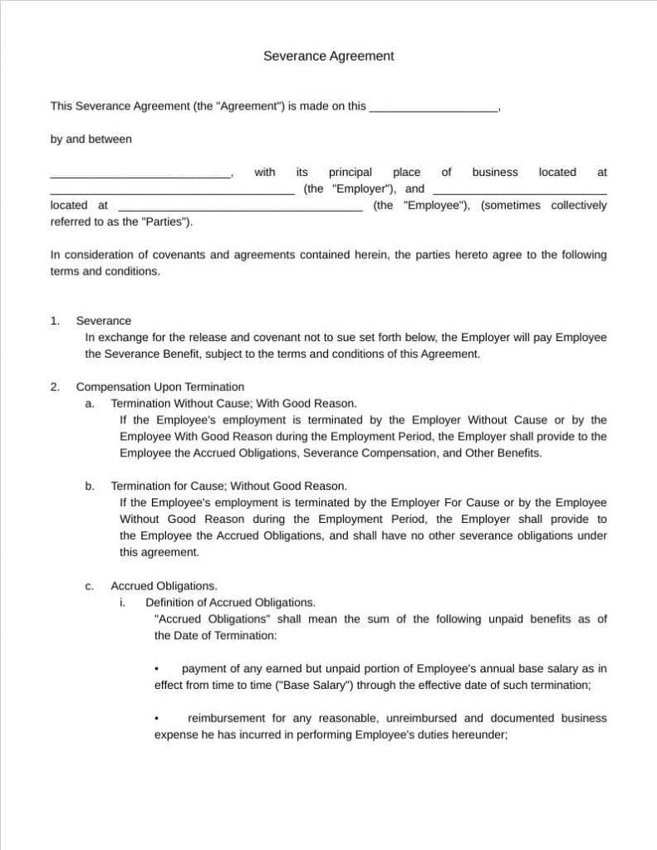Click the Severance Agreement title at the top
328,56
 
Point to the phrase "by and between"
91,139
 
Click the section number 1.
55,321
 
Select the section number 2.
55,387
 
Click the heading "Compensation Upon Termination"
159,387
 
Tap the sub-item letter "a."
90,403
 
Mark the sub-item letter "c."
90,586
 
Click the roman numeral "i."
122,603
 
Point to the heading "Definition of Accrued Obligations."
230,603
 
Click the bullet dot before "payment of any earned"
157,669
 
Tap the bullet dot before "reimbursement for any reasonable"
157,719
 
